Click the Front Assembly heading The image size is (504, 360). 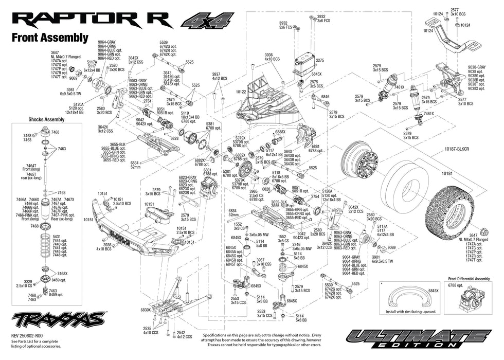(50, 38)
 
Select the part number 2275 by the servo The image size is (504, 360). (320, 60)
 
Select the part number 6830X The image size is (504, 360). (146, 310)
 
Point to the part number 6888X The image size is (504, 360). (280, 132)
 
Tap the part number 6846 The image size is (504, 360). (325, 97)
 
